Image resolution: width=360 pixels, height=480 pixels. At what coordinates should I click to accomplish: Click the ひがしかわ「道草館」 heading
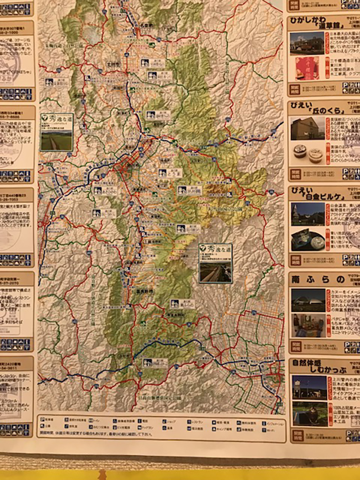point(317,23)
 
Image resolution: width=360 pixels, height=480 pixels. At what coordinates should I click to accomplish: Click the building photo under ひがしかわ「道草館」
point(307,42)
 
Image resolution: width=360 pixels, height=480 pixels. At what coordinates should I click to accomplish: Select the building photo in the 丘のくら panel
point(307,128)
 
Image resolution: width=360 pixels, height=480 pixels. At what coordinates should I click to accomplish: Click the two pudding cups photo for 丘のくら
point(307,153)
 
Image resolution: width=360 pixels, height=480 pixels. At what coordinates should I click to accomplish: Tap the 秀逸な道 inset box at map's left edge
point(56,131)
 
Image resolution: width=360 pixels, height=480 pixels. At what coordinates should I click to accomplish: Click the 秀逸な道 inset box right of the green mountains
point(216,263)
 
